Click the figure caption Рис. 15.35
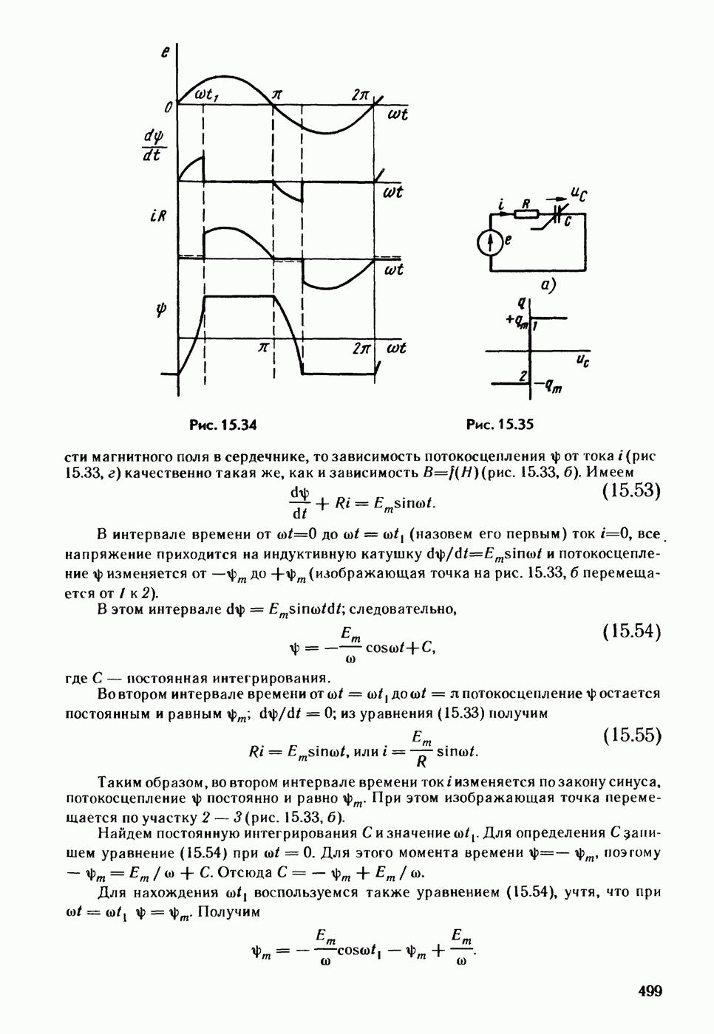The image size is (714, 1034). [500, 425]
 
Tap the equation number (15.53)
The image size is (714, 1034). [630, 491]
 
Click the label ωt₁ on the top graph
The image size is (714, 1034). [210, 93]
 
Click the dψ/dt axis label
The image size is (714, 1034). [154, 145]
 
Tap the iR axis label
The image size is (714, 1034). [157, 219]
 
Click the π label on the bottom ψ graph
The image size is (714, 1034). [262, 347]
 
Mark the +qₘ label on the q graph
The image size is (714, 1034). [517, 320]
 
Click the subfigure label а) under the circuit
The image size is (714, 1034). [548, 283]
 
